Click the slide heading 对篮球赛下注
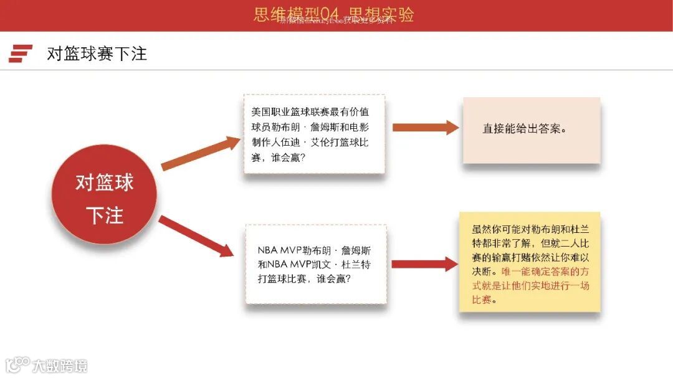(x=97, y=54)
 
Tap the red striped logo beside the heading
(x=20, y=54)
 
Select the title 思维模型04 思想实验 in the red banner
(x=334, y=14)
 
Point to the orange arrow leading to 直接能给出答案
(x=425, y=128)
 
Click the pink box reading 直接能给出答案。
(x=531, y=130)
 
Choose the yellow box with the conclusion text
(x=530, y=262)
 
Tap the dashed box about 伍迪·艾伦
(x=313, y=135)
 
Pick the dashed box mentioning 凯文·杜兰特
(x=315, y=264)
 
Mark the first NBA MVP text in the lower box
(x=279, y=250)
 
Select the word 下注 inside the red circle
(x=104, y=215)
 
